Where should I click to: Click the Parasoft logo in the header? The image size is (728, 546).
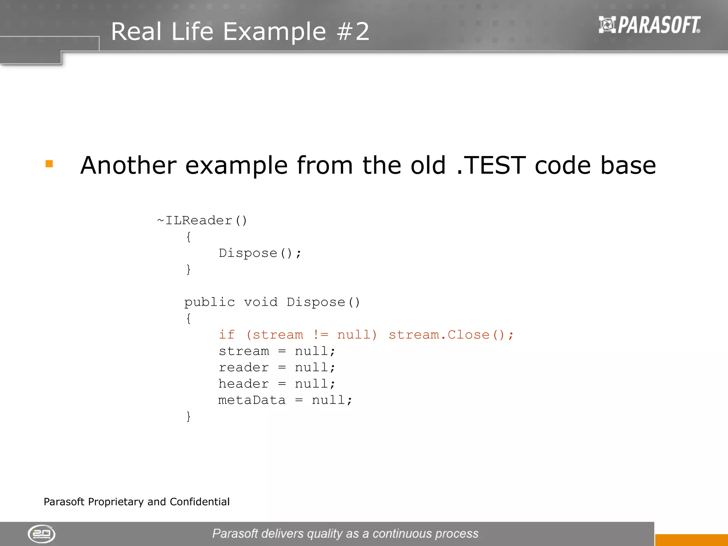pos(649,25)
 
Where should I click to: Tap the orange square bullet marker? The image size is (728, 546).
pos(49,164)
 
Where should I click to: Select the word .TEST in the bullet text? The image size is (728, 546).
pos(491,166)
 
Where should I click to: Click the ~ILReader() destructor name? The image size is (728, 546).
pos(202,220)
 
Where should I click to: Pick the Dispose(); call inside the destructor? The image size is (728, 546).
pos(260,253)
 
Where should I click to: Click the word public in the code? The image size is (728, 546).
pos(209,303)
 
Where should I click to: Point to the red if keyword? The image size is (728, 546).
pos(226,335)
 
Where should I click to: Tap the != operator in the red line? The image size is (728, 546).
pos(321,335)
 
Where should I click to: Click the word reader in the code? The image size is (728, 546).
pos(243,368)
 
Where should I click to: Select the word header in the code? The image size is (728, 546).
pos(243,384)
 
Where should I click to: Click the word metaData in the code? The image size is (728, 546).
pos(252,400)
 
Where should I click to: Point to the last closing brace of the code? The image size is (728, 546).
pos(188,416)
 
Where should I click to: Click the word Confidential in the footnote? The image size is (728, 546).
pos(199,502)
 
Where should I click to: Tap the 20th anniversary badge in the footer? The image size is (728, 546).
pos(42,534)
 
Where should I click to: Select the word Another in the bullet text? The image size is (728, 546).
pos(128,166)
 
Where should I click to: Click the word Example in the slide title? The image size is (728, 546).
pos(274,32)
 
